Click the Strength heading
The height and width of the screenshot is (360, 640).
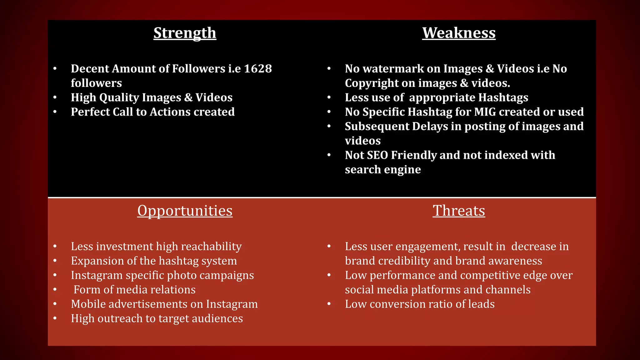185,33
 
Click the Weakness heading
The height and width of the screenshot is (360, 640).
459,33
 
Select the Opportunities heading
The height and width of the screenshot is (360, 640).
185,211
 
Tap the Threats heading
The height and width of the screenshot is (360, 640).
459,211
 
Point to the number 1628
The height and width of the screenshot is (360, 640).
258,69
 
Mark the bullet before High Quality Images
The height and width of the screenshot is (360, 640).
55,97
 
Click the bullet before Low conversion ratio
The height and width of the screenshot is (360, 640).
329,304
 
